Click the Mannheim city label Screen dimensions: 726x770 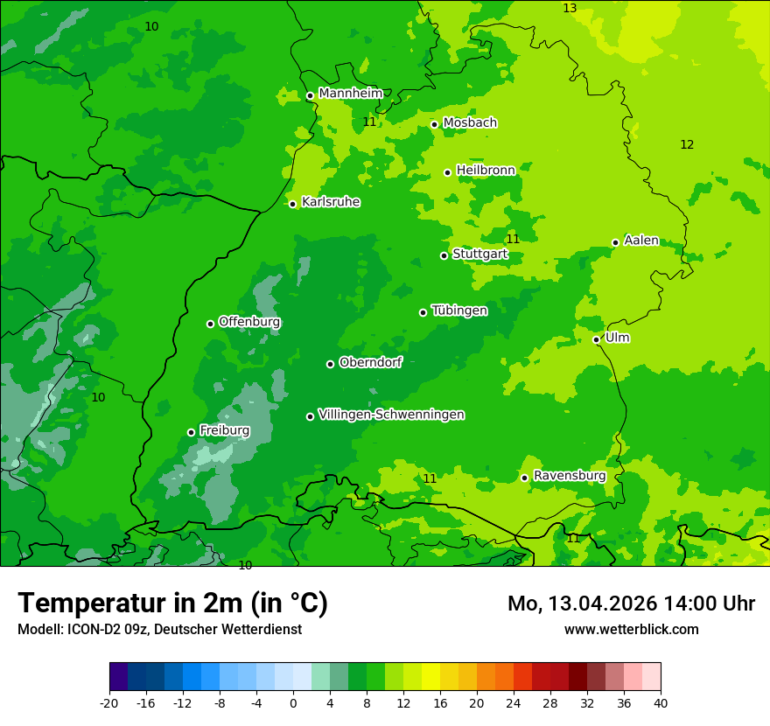point(350,94)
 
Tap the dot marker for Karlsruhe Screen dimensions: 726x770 point(293,204)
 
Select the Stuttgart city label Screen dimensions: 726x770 point(479,255)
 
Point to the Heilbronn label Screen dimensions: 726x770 point(486,171)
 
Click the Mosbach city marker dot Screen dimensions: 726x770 point(434,124)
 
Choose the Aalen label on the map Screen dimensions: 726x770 point(641,241)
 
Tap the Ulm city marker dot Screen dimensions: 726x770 point(597,339)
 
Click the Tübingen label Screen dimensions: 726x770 point(459,311)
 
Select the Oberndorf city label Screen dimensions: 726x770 point(370,362)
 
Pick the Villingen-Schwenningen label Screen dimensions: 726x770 point(391,415)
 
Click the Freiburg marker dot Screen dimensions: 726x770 point(191,432)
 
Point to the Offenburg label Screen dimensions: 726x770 point(249,322)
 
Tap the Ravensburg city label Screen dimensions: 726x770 point(570,476)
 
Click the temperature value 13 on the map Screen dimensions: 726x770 point(570,8)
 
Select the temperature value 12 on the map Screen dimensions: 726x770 point(687,144)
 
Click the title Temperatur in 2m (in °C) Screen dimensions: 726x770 point(172,604)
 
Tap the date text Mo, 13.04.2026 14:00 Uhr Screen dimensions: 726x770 point(631,604)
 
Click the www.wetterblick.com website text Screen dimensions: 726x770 point(631,629)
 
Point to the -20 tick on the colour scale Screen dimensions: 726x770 point(109,703)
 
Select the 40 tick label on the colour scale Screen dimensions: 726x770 point(661,703)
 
